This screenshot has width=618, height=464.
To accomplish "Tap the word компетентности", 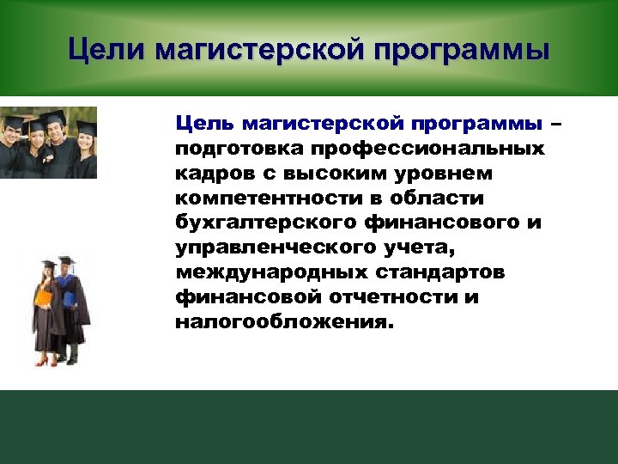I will coord(261,198).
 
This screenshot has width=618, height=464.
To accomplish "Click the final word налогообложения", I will coord(283,323).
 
